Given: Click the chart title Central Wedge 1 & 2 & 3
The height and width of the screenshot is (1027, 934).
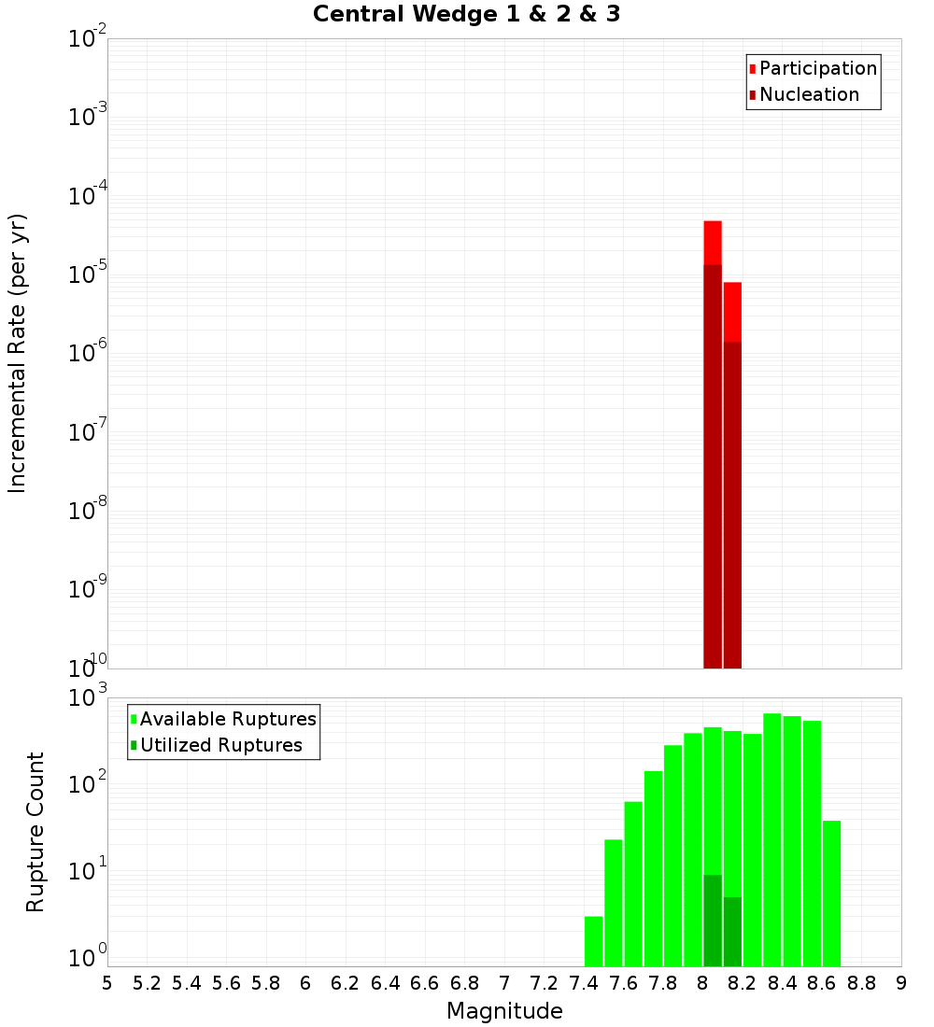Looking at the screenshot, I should (x=466, y=15).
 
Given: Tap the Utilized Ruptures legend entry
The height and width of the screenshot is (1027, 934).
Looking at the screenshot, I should (x=219, y=746).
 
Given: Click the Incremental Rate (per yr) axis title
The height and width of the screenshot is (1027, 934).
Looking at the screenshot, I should (x=18, y=353).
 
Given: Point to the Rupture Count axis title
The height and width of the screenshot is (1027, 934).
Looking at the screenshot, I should (x=35, y=832).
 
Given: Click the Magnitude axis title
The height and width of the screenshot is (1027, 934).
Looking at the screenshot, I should (x=504, y=1011).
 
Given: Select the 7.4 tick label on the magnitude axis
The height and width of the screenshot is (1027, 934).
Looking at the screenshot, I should (x=584, y=983).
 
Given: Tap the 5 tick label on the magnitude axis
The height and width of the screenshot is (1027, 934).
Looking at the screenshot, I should (x=107, y=983).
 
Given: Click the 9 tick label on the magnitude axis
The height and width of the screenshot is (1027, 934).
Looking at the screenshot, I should (x=901, y=983).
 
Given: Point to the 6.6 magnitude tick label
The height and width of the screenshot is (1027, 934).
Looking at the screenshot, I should (x=425, y=983).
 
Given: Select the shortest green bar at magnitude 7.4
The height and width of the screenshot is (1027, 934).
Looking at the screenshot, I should (x=594, y=941).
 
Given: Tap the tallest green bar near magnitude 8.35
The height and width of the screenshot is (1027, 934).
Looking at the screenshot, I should (x=772, y=840).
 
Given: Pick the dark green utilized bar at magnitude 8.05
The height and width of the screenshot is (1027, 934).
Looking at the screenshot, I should (x=713, y=920).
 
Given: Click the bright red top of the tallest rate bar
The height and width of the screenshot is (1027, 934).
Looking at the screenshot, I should (x=713, y=242).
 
